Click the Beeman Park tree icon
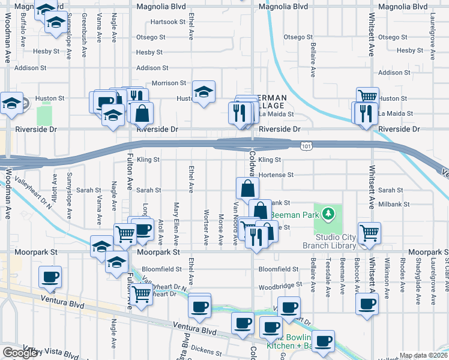[x=327, y=213]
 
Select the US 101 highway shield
[x=306, y=145]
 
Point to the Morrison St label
[x=169, y=83]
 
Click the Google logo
[x=20, y=353]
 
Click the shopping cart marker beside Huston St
[x=367, y=96]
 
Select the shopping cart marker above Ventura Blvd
[x=140, y=294]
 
